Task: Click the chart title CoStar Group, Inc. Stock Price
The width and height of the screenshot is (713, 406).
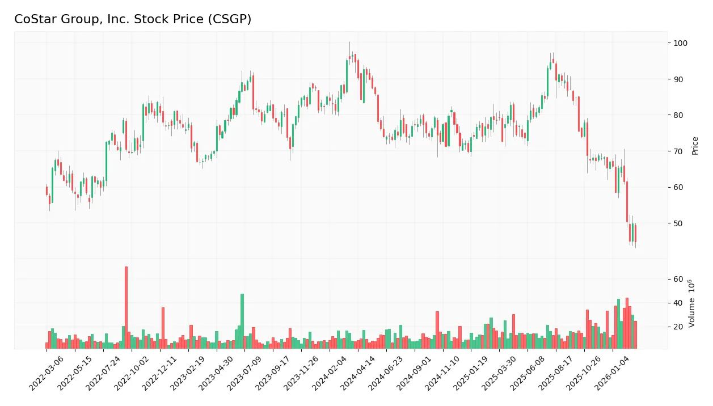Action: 133,19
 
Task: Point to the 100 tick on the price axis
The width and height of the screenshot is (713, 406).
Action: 680,43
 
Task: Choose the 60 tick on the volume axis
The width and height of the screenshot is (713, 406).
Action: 678,279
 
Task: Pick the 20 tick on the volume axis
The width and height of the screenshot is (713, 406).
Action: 678,327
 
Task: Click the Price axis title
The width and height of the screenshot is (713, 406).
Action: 695,146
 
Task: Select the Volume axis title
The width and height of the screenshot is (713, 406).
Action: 691,303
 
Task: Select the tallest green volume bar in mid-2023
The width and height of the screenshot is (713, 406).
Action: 242,321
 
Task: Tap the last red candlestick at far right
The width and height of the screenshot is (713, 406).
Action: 635,233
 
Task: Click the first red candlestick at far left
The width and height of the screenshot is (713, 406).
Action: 47,191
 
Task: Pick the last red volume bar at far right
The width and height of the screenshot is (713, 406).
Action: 635,335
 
